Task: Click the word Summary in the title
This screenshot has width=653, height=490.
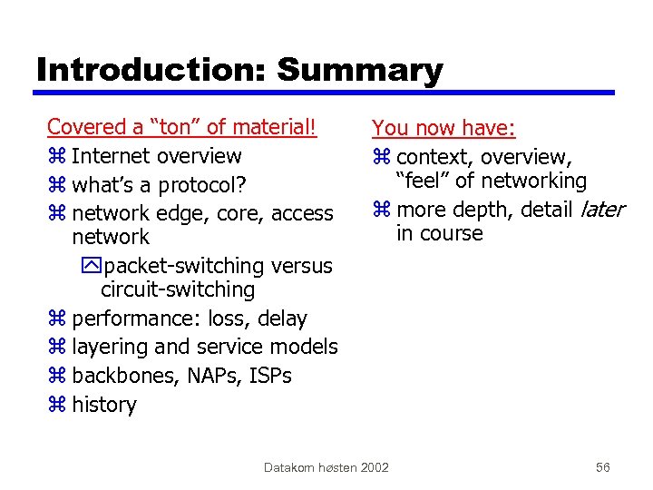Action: [360, 70]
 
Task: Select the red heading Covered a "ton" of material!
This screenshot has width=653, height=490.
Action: [181, 127]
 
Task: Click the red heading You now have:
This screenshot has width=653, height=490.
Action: [443, 129]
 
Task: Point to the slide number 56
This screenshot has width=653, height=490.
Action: [603, 467]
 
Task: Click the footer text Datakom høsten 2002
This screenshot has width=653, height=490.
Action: [326, 467]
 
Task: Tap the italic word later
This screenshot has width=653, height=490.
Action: [599, 210]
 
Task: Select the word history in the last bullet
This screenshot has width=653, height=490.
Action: [103, 405]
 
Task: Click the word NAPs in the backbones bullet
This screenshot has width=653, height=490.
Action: [210, 376]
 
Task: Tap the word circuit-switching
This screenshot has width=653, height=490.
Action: [178, 289]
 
